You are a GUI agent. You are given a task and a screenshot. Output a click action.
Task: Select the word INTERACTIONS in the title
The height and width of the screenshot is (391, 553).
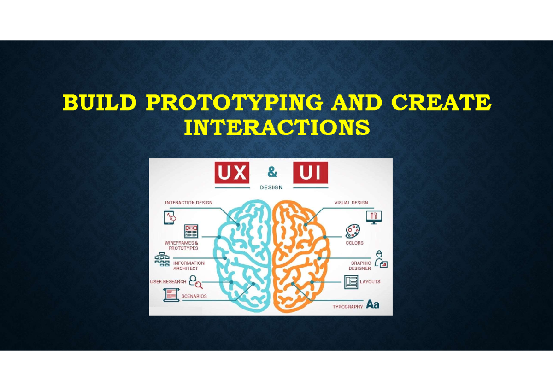click(276, 128)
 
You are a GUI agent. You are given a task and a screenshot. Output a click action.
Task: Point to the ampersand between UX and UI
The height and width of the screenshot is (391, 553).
click(272, 173)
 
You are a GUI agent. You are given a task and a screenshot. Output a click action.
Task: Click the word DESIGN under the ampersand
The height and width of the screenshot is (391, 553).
click(271, 187)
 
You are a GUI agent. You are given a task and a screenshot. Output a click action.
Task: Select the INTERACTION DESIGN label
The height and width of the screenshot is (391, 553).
click(189, 203)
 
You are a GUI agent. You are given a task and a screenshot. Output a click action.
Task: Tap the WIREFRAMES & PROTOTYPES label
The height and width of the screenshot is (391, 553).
click(181, 245)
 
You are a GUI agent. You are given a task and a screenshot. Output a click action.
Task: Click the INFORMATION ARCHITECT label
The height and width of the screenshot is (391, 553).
click(188, 266)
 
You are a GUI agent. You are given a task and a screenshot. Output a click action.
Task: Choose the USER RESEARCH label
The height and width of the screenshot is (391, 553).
click(168, 282)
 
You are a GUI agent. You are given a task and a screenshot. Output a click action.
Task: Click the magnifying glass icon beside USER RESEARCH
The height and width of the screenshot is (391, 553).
click(195, 281)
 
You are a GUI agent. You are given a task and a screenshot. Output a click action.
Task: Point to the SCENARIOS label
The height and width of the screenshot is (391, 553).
click(194, 296)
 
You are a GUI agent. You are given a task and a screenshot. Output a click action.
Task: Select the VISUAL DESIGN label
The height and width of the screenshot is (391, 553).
click(351, 203)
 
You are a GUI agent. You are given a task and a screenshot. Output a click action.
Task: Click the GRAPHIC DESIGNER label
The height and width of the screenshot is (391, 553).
click(359, 266)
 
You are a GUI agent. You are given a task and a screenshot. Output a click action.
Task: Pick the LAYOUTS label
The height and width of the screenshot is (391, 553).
click(370, 281)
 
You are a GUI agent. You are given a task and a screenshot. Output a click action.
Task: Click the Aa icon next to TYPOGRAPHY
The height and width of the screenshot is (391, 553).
click(372, 304)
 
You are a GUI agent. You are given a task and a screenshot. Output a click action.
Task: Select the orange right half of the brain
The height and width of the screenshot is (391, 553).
click(300, 256)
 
